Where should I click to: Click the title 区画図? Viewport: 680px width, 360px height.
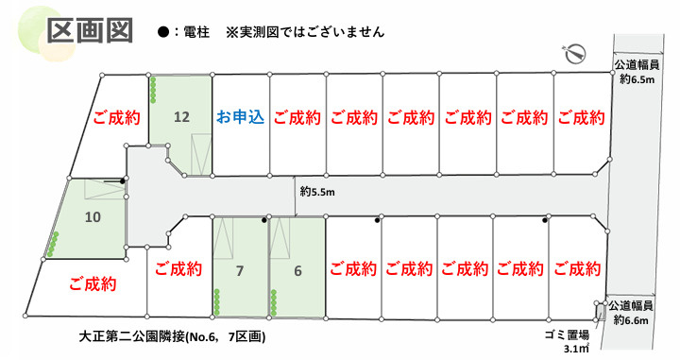89,30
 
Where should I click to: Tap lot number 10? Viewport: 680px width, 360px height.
93,216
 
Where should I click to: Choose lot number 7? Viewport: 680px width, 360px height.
240,271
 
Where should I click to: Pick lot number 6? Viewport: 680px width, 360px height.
297,271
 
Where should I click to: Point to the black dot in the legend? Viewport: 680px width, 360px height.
163,31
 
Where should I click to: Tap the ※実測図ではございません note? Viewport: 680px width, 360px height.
305,31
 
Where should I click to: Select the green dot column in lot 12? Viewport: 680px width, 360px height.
153,91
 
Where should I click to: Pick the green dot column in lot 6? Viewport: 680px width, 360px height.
274,304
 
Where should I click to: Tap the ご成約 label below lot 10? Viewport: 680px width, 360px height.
92,283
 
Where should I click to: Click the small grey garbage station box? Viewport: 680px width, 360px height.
597,310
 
